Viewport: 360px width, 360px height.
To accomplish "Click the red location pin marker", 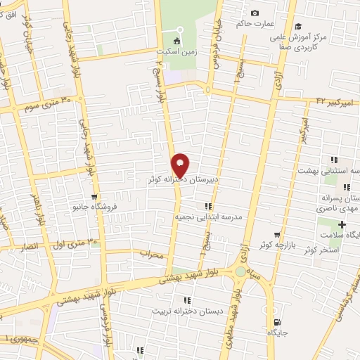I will (x=181, y=165).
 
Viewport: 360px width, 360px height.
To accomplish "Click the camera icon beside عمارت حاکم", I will (x=255, y=13).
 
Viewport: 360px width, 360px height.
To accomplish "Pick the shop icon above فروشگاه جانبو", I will (x=94, y=196).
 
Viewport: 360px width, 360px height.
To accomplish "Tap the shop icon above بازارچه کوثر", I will (x=278, y=234).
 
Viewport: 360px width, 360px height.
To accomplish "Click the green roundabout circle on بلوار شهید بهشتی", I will (x=241, y=271).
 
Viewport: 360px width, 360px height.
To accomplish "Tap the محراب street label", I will (x=150, y=254).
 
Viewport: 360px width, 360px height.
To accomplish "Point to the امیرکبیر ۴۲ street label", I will (x=333, y=103).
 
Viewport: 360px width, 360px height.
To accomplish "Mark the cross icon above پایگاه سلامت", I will (x=342, y=224).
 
